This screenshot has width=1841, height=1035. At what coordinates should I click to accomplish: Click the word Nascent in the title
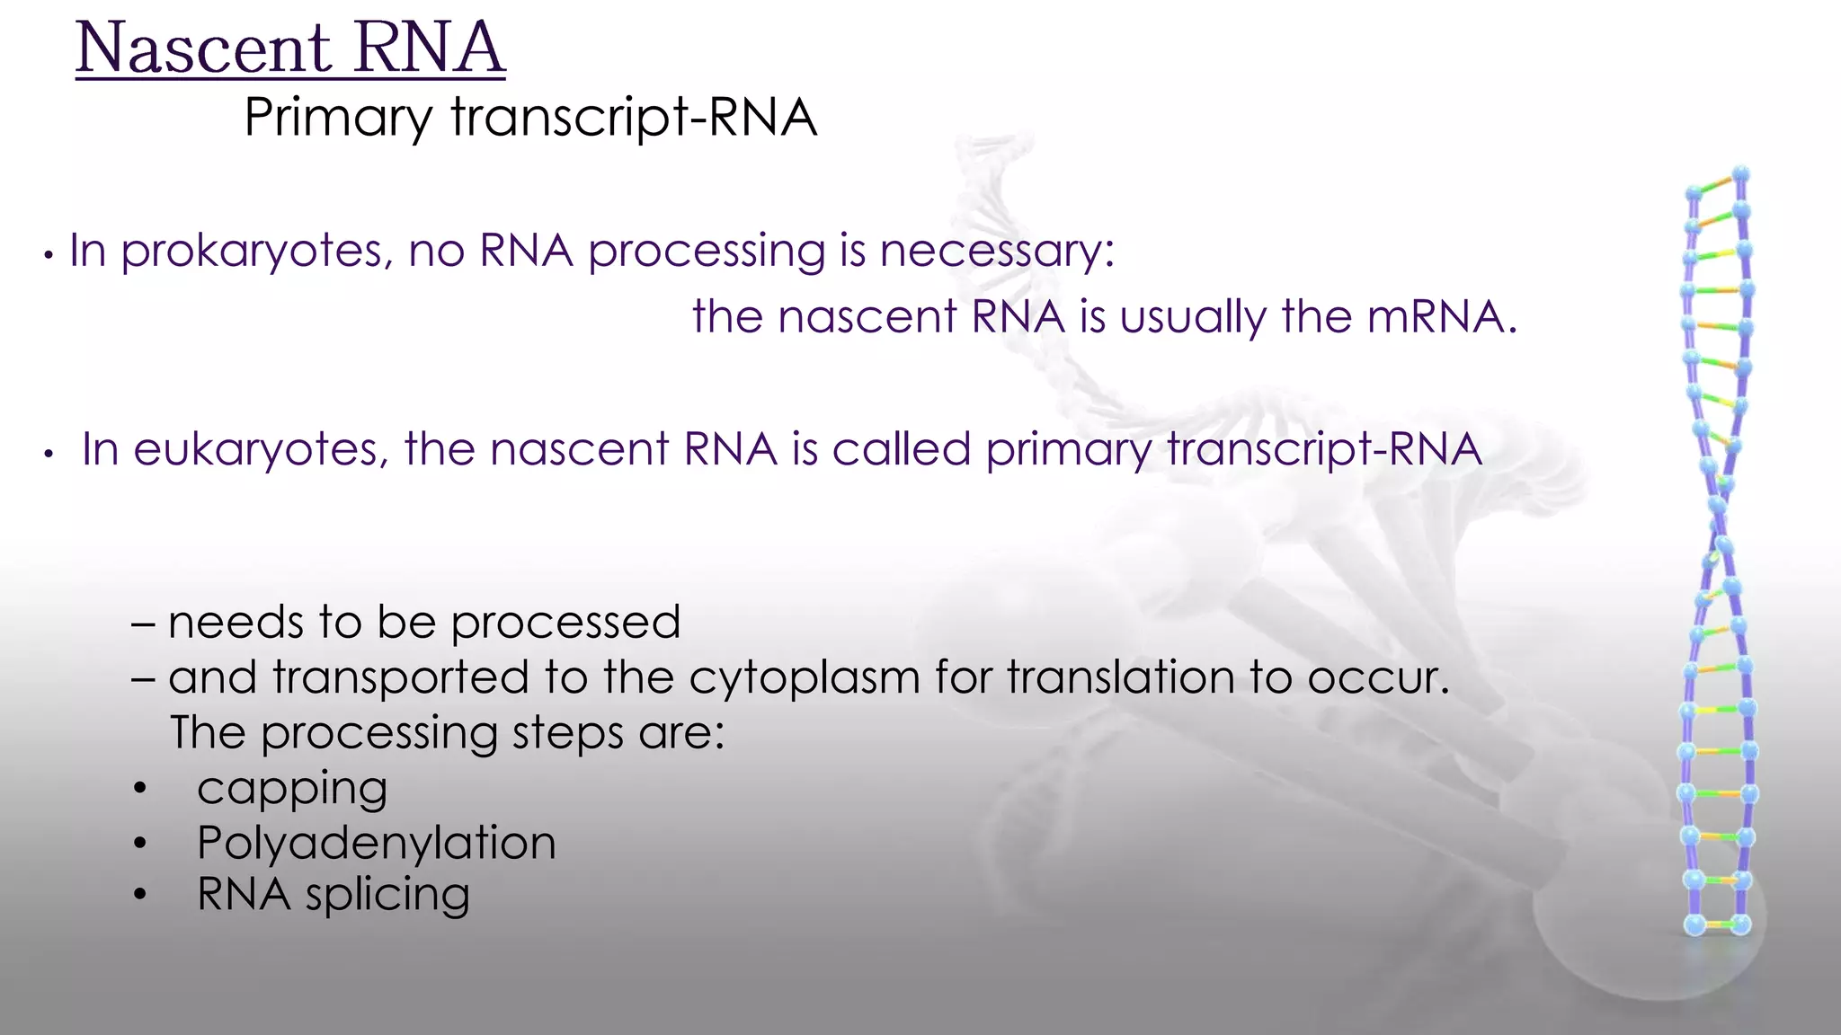coord(203,49)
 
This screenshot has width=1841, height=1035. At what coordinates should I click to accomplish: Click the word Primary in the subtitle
coord(338,118)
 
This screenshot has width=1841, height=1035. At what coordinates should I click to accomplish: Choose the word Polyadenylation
coord(376,844)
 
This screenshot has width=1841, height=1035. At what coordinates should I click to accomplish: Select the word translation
coord(1120,677)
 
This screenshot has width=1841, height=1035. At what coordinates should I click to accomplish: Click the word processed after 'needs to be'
coord(565,624)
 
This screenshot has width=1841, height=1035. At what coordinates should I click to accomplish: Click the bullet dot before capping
coord(138,790)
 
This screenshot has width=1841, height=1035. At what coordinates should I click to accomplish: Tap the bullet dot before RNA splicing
coord(138,895)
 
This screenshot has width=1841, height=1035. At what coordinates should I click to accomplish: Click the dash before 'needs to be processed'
coord(143,623)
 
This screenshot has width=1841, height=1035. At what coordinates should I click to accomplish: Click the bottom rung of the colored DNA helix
coord(1718,924)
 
